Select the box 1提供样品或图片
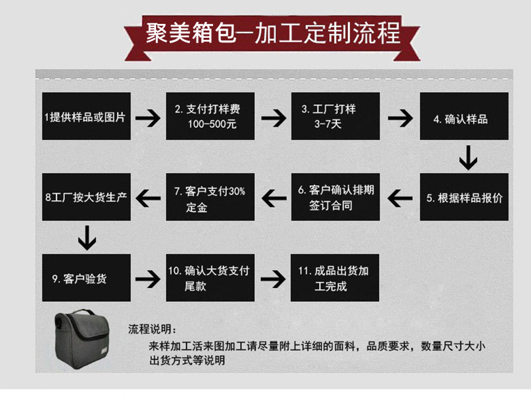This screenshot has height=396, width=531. pyautogui.click(x=85, y=117)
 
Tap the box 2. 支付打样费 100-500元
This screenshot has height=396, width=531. pyautogui.click(x=210, y=117)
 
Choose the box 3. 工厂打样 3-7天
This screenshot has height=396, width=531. pyautogui.click(x=336, y=117)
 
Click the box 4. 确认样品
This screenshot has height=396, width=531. pyautogui.click(x=464, y=117)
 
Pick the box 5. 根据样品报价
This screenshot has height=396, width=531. pyautogui.click(x=464, y=197)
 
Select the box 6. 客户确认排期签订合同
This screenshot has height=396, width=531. pyautogui.click(x=336, y=197)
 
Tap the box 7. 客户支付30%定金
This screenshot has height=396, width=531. pyautogui.click(x=210, y=197)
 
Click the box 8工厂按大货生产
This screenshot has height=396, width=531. pyautogui.click(x=85, y=197)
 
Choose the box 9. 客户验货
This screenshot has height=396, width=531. pyautogui.click(x=85, y=277)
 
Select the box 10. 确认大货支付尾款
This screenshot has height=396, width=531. pyautogui.click(x=210, y=277)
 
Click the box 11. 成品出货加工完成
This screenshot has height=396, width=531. pyautogui.click(x=336, y=277)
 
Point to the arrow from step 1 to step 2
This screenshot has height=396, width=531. pyautogui.click(x=147, y=119)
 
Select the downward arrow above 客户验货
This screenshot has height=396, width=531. pyautogui.click(x=87, y=237)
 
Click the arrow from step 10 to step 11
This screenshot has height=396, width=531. pyautogui.click(x=273, y=277)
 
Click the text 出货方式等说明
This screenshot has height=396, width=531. pyautogui.click(x=187, y=362)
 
